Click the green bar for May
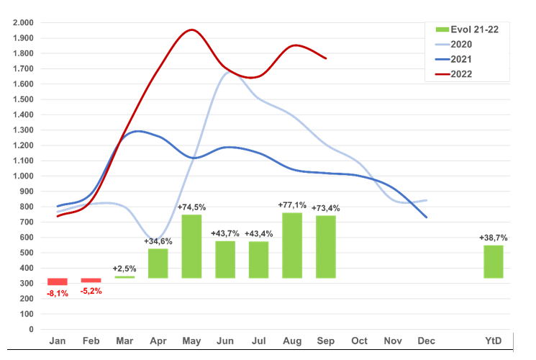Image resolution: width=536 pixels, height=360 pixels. pyautogui.click(x=191, y=246)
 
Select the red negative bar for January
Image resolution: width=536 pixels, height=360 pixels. pyautogui.click(x=58, y=282)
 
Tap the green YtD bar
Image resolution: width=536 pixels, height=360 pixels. pyautogui.click(x=493, y=261)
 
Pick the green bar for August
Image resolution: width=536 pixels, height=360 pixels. pyautogui.click(x=292, y=245)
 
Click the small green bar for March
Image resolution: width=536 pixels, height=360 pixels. pyautogui.click(x=124, y=276)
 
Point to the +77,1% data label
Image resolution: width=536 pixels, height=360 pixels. pyautogui.click(x=292, y=205)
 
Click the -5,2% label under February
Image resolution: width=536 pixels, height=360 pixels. pyautogui.click(x=91, y=290)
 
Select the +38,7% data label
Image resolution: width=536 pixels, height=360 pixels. pyautogui.click(x=494, y=238)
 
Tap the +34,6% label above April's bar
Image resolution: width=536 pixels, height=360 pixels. pyautogui.click(x=158, y=240)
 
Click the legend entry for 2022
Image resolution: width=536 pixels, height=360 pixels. pyautogui.click(x=463, y=73)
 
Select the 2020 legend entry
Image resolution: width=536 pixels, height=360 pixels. pyautogui.click(x=463, y=44)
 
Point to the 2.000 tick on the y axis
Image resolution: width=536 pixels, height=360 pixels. pyautogui.click(x=24, y=22)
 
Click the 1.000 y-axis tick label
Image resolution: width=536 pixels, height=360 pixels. pyautogui.click(x=24, y=176)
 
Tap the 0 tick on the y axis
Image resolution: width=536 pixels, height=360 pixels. pyautogui.click(x=31, y=329)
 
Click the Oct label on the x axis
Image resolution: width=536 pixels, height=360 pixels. pyautogui.click(x=359, y=341)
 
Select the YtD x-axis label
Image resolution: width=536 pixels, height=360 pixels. pyautogui.click(x=493, y=341)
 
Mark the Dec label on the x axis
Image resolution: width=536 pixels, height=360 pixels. pyautogui.click(x=426, y=341)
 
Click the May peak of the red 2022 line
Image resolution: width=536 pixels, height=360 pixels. pyautogui.click(x=191, y=30)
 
